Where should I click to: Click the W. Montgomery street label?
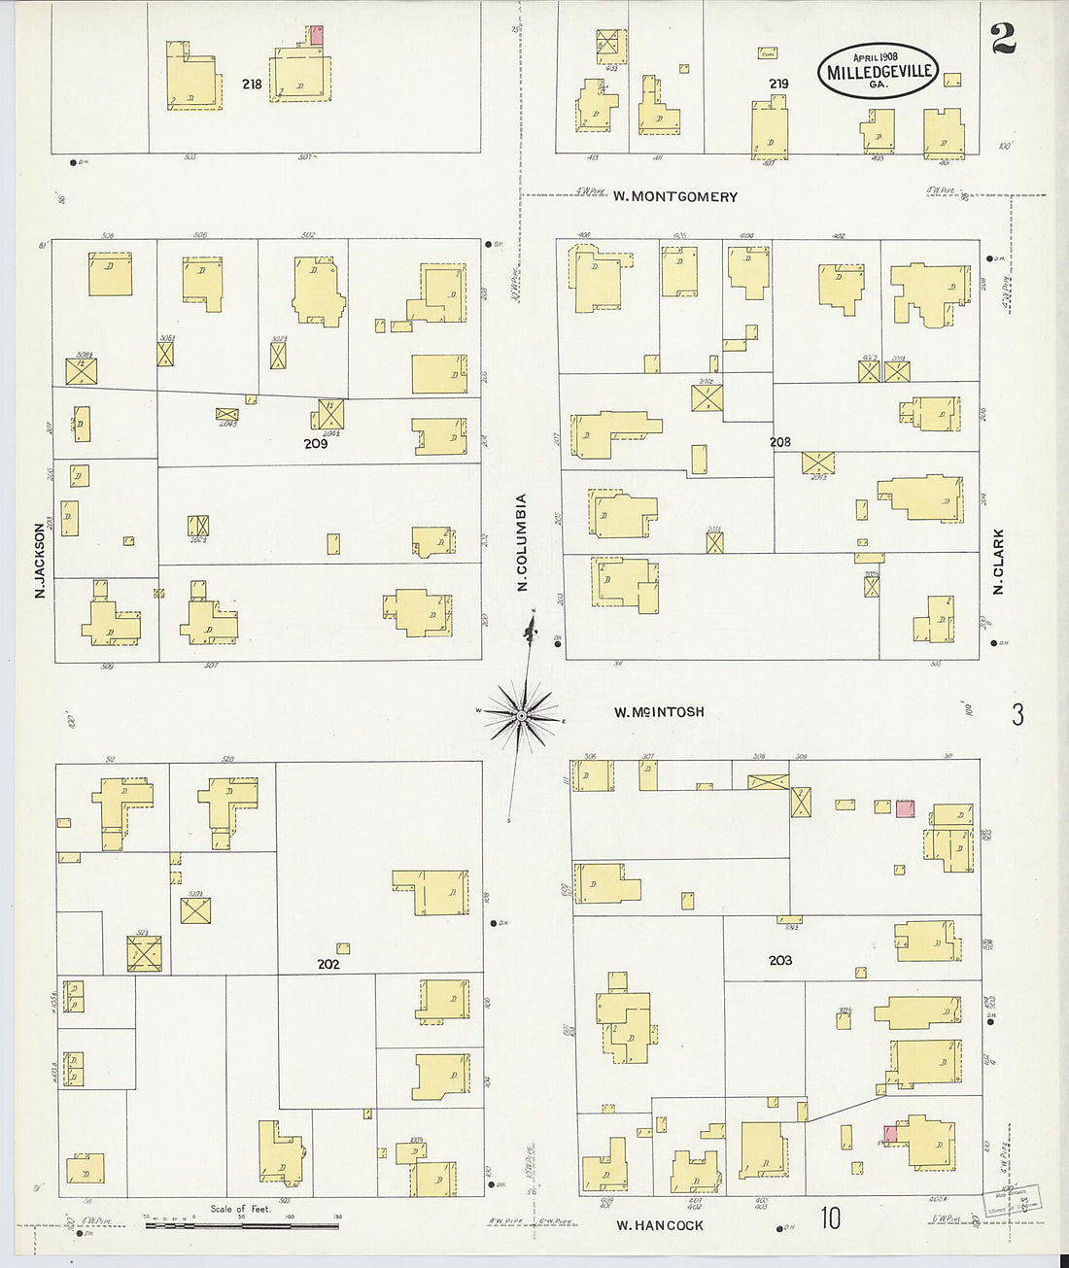coord(674,196)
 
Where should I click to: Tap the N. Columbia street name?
coord(522,542)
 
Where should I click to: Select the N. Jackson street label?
coord(41,561)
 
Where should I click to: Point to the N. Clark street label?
coord(998,563)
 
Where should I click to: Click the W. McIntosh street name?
coord(659,712)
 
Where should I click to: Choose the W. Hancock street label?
coord(660,1225)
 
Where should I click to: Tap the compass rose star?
coord(522,717)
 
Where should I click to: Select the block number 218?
coord(252,85)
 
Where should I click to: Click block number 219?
coord(778,85)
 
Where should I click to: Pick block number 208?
coord(779,442)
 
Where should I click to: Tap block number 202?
coord(328,965)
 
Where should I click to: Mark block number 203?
coord(779,960)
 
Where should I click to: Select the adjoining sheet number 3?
coord(1017,716)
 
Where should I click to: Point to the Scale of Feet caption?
coord(241,1210)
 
